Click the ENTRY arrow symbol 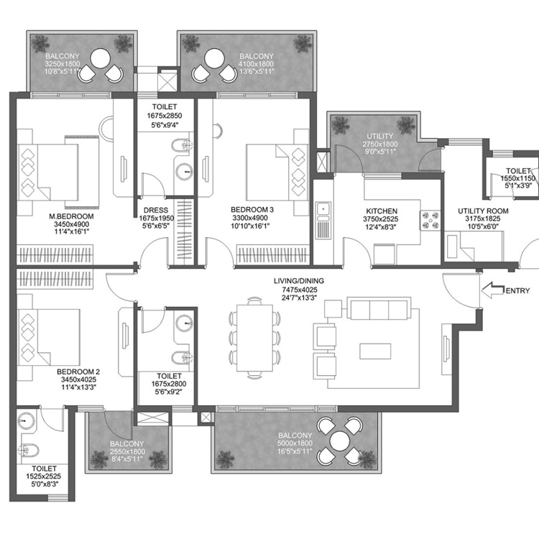(x=492, y=290)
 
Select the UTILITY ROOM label (x=483, y=211)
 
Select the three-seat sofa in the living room (x=379, y=310)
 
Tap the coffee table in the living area (x=379, y=350)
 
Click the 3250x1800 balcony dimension (x=63, y=63)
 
